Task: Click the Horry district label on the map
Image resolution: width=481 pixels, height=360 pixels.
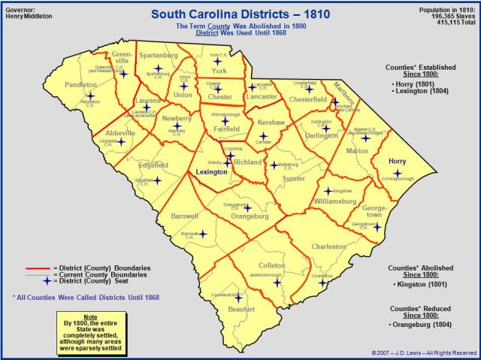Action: point(398,162)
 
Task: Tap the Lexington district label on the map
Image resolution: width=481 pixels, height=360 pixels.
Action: point(211,172)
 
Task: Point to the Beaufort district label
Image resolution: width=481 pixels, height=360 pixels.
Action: point(241,309)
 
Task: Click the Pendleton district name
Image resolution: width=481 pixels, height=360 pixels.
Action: point(81,86)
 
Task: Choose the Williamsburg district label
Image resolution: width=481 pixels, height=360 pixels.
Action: point(336,201)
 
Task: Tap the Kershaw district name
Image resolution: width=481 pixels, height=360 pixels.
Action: point(271,122)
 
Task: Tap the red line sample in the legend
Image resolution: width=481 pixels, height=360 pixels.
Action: point(35,268)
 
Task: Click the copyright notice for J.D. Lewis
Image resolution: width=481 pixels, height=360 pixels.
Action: point(424,352)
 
